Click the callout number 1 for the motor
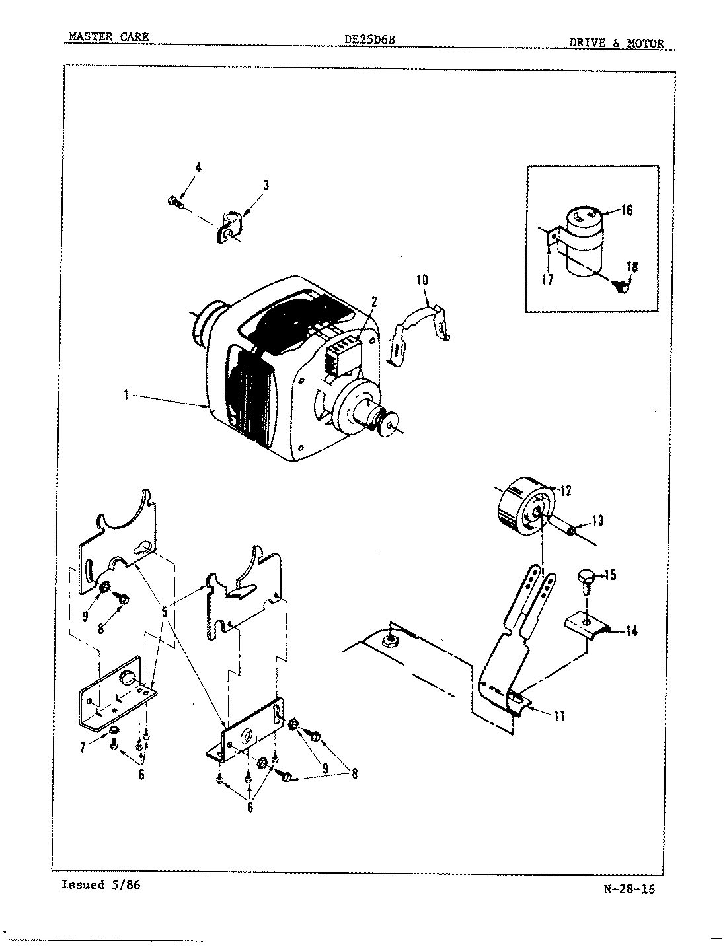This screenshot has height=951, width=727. [124, 396]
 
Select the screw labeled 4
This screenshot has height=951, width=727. [175, 201]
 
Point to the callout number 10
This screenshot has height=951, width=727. [422, 280]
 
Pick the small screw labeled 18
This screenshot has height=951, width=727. [621, 286]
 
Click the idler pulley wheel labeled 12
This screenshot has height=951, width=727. [522, 509]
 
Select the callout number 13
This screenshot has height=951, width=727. [597, 521]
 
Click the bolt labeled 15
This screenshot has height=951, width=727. [587, 576]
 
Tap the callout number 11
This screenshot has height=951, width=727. [558, 715]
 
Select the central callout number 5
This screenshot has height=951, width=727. [165, 613]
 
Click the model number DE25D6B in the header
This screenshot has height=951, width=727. [369, 40]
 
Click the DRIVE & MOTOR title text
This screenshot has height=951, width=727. [616, 44]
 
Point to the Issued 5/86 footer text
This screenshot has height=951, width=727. [100, 885]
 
